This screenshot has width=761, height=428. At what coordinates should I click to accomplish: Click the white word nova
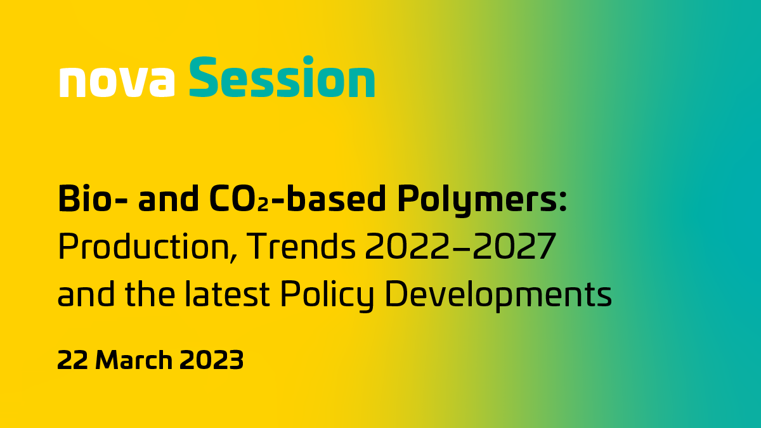[117, 81]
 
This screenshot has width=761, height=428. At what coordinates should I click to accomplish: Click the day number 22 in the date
[72, 360]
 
